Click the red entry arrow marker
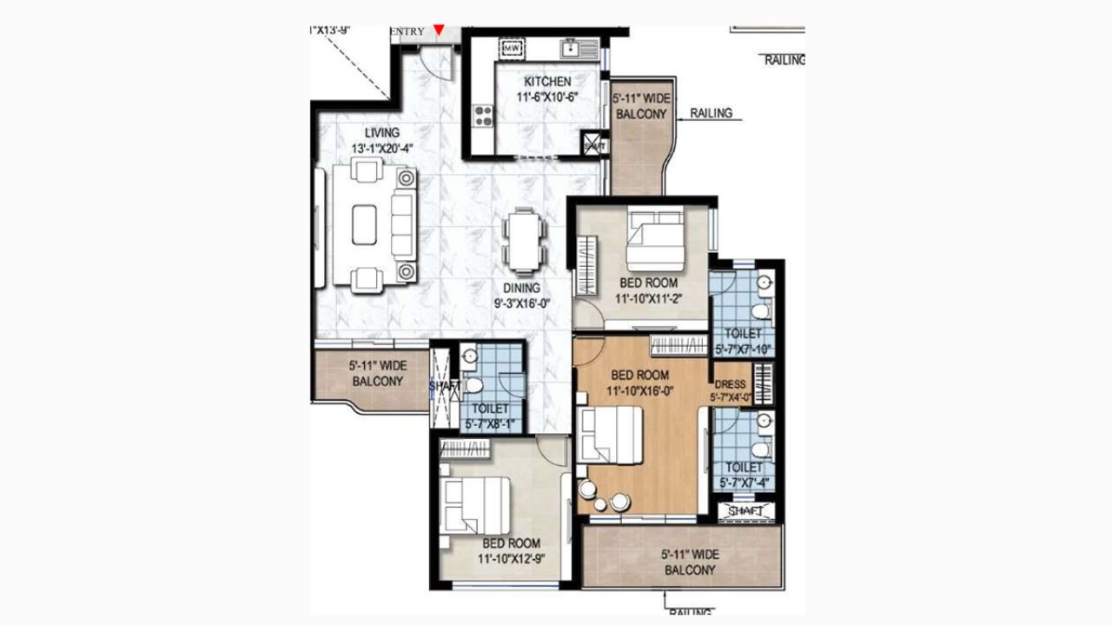point(440,30)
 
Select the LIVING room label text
point(382,133)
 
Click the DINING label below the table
point(521,288)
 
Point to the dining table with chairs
point(525,239)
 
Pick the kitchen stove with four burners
point(482,116)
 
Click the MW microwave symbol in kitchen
point(511,48)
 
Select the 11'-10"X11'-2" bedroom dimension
point(648,298)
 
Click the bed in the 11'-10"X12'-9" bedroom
point(475,505)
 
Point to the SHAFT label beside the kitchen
point(595,147)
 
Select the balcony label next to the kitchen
point(640,107)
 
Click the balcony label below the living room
point(377,374)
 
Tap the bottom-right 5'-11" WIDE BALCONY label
point(690,562)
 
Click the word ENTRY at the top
point(408,31)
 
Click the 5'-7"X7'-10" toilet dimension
point(744,350)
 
